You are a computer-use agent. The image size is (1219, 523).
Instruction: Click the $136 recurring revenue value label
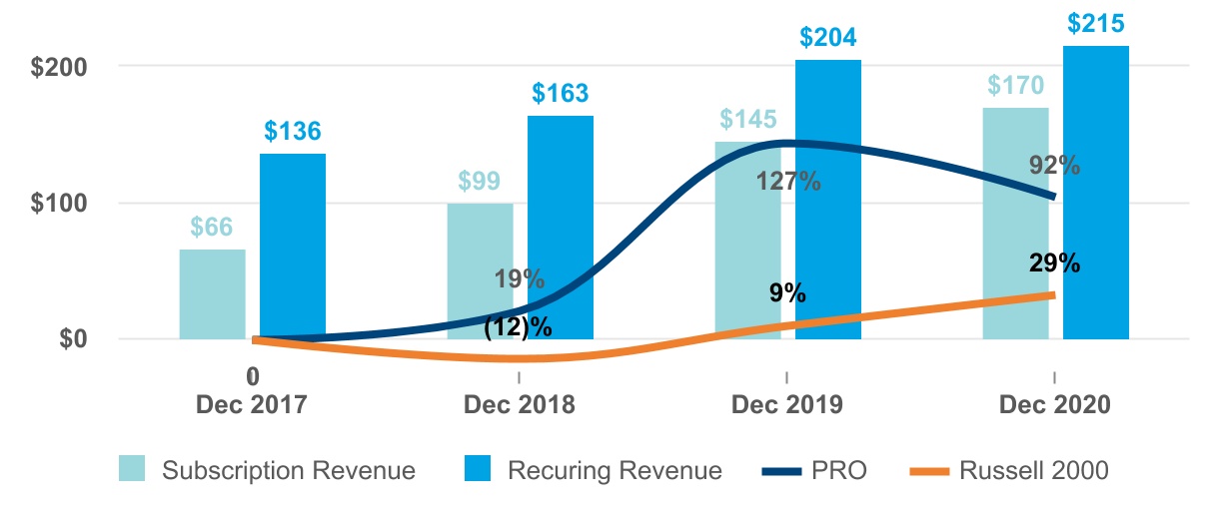[293, 131]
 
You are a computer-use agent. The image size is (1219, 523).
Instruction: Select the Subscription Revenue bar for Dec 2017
[212, 294]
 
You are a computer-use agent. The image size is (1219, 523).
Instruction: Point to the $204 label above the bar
[828, 38]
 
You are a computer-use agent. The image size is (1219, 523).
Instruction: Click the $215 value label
[1096, 23]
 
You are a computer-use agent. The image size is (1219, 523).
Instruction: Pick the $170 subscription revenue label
[1016, 85]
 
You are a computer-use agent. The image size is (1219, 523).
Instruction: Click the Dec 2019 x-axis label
[787, 405]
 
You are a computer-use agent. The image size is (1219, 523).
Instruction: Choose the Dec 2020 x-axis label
[1055, 405]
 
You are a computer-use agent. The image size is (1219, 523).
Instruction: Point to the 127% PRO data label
[788, 182]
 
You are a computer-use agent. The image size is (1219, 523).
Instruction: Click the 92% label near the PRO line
[1055, 166]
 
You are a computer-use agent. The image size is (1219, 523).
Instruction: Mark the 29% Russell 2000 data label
[1055, 263]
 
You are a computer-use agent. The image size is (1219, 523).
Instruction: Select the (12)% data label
[519, 325]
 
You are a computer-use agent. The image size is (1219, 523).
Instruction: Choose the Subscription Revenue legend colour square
[133, 470]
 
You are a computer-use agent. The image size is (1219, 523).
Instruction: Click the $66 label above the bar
[212, 227]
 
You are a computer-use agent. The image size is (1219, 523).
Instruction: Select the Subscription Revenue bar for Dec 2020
[1016, 224]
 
